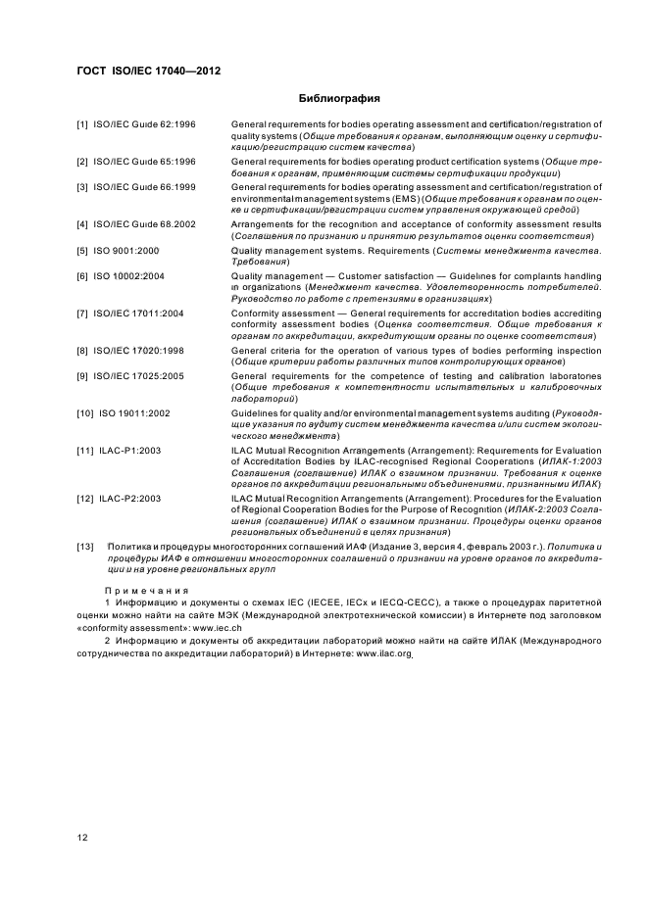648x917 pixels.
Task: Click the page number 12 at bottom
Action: [x=83, y=836]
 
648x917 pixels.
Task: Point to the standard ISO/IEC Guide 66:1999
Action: [x=144, y=186]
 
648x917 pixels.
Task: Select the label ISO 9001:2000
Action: [x=127, y=251]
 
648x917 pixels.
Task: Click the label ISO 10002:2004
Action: [x=130, y=276]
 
